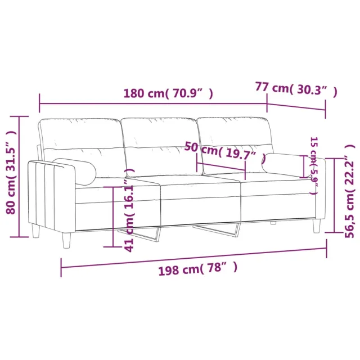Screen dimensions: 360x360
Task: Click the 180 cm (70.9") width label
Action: click(168, 94)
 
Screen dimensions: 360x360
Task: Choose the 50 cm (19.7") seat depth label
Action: click(224, 151)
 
